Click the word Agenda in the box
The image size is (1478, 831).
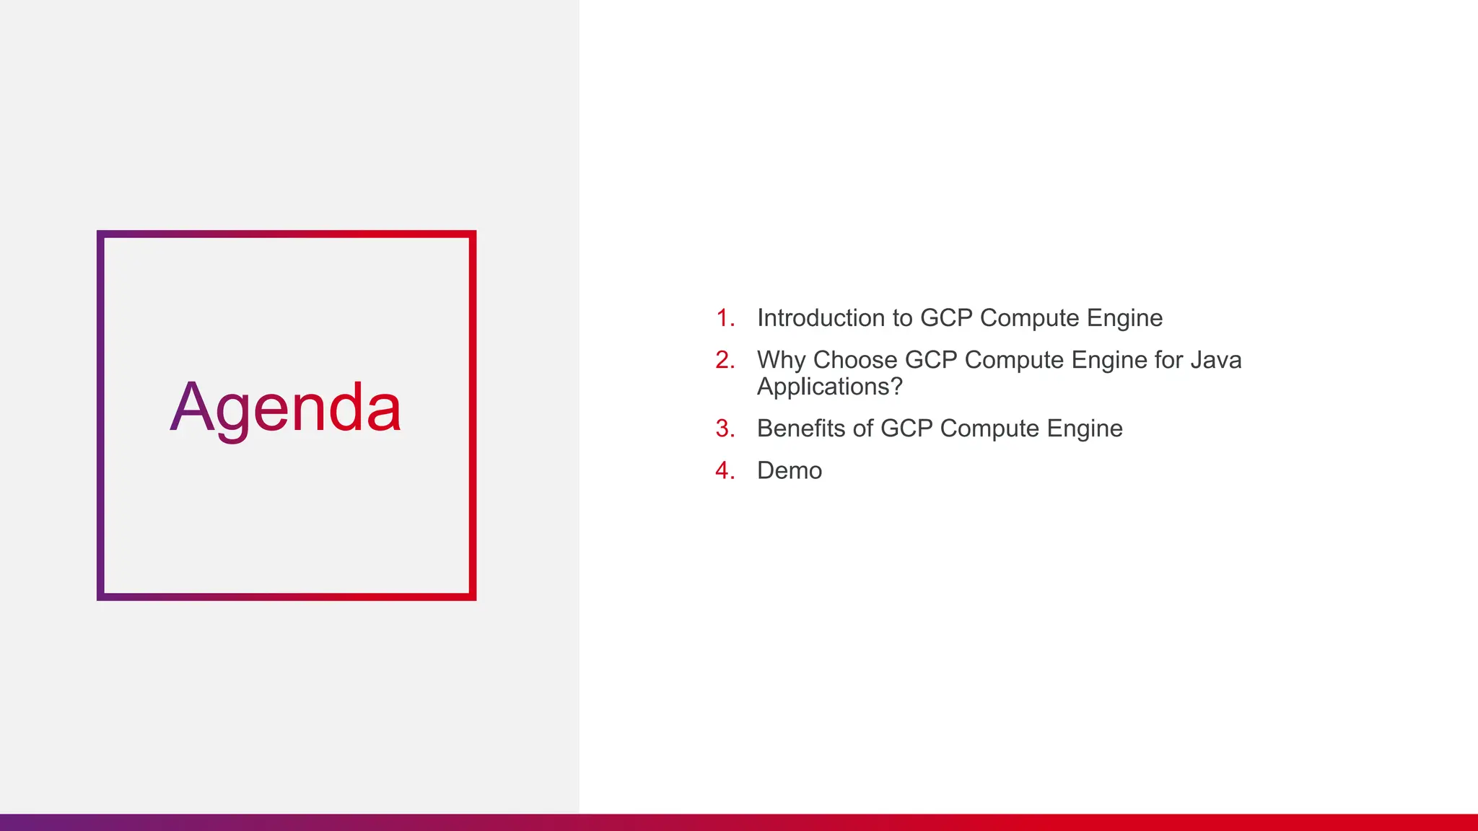pos(285,408)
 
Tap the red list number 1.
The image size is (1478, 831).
pos(725,318)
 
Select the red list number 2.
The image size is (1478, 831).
pos(725,360)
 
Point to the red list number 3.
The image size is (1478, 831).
pos(725,428)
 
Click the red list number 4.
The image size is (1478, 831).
pos(725,470)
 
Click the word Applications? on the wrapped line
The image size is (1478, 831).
pos(829,387)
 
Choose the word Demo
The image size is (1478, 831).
pos(789,470)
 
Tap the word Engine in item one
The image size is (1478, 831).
pos(1124,318)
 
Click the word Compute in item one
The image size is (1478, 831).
pos(1029,318)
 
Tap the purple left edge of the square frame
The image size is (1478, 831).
pos(101,415)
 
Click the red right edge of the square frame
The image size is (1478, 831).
pos(473,415)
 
